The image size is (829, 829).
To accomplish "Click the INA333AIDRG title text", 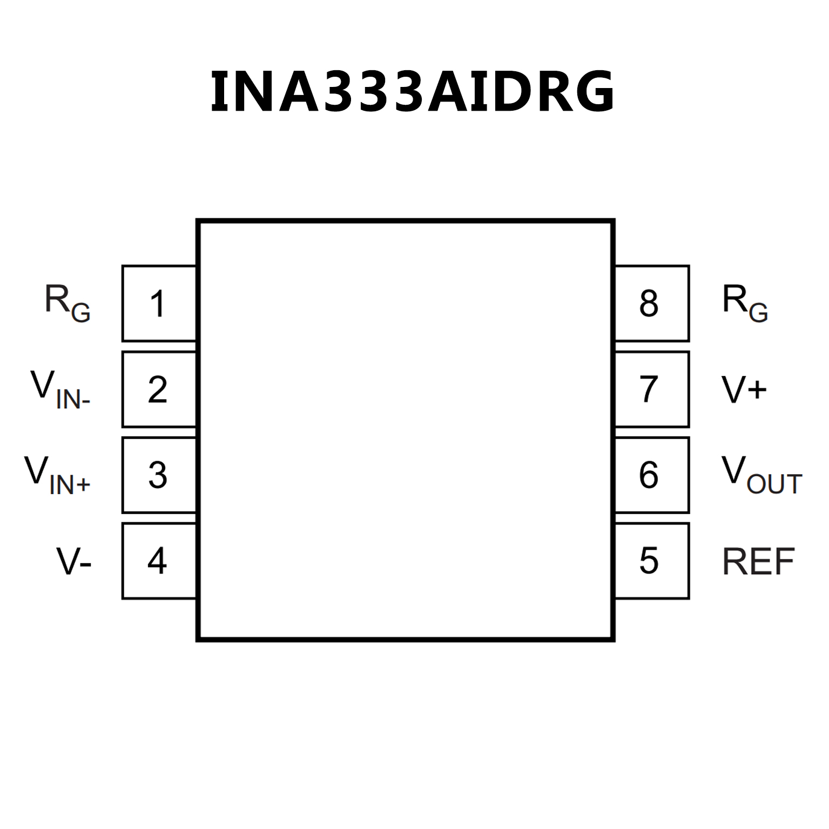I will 412,92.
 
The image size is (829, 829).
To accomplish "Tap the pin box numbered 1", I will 159,304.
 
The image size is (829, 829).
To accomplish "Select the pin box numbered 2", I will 159,389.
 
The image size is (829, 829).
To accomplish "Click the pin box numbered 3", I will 159,475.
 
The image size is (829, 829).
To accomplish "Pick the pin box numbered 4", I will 159,561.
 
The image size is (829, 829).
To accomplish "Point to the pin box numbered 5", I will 652,561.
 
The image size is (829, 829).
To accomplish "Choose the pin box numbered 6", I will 652,475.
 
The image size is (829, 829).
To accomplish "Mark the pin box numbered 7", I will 652,389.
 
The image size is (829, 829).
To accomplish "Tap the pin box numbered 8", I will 652,304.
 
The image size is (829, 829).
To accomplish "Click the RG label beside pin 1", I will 68,304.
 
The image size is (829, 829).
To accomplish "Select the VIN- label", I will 60,389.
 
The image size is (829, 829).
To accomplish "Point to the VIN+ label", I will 57,475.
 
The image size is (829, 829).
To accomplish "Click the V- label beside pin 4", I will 74,562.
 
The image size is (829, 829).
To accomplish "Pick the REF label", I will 758,562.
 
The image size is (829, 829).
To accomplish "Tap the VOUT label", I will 761,475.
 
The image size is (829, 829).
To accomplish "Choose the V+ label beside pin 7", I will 744,389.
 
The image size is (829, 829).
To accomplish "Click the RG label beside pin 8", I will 745,304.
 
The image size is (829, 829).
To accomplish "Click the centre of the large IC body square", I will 406,430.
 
